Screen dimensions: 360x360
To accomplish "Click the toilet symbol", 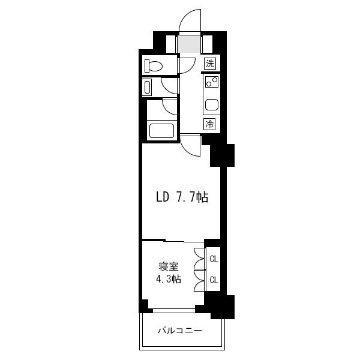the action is tap(153, 65).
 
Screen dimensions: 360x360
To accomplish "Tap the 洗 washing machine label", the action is tap(210, 63).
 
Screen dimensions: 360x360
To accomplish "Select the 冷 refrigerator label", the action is tap(209, 124).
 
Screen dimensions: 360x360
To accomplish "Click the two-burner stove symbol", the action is tap(212, 82).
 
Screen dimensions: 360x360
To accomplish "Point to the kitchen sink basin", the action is tap(212, 104).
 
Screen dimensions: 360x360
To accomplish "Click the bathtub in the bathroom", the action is tap(161, 131).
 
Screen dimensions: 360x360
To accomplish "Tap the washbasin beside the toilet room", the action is tap(147, 88).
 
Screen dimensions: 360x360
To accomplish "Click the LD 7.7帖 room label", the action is tap(182, 197).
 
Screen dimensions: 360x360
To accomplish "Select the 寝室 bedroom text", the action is tap(169, 267).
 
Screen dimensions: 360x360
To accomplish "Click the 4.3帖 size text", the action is tap(169, 279).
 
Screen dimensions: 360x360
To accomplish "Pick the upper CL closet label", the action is tap(214, 259).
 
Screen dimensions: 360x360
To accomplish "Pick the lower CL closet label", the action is tap(214, 280).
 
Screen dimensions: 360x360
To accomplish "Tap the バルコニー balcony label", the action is tap(180, 331).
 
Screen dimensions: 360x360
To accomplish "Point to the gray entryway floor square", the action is tap(190, 44).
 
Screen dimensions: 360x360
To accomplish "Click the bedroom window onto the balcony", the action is tap(174, 310).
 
